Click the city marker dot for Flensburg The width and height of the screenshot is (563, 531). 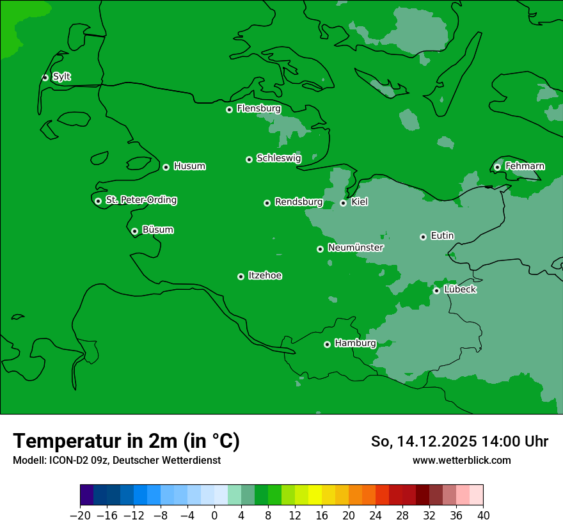coord(229,109)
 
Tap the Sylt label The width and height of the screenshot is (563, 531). coord(61,77)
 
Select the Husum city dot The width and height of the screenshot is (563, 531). coord(166,167)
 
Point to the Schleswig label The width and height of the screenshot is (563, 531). coord(278,158)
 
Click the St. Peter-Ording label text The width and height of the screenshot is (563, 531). coord(141,200)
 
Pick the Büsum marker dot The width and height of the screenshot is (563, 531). coord(134,231)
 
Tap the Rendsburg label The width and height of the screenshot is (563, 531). coord(298,202)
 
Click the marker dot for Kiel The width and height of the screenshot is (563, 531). coord(343,203)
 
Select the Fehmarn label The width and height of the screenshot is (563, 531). coord(525,166)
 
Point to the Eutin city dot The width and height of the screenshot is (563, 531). coord(423,237)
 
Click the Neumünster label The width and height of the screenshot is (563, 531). coord(355,248)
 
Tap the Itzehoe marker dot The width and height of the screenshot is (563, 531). coord(241,276)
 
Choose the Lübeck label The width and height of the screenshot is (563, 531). coord(459,289)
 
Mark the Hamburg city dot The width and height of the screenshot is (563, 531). coord(327,344)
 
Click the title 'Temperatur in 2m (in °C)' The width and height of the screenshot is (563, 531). coord(126,441)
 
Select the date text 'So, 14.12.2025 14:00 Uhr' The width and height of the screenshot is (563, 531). coord(459,441)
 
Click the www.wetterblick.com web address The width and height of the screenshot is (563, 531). coord(461,460)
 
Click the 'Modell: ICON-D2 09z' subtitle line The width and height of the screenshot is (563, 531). coord(116,461)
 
